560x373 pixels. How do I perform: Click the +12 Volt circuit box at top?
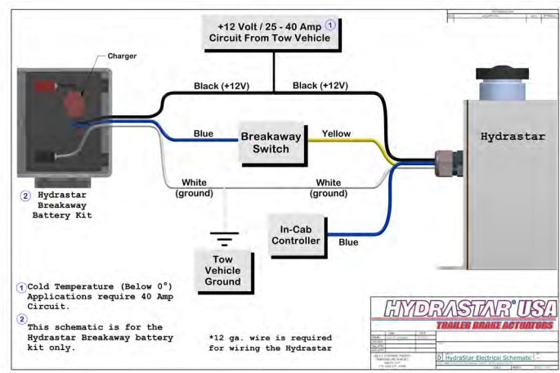click(271, 31)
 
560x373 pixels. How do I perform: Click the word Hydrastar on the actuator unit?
click(508, 136)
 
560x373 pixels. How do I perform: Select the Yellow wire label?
click(337, 133)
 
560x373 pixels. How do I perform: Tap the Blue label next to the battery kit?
click(203, 133)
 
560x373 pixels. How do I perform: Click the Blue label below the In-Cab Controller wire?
click(347, 243)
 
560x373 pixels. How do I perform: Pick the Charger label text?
click(121, 56)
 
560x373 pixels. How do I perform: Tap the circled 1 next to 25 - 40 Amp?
click(330, 25)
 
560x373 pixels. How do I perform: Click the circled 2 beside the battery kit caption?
click(25, 196)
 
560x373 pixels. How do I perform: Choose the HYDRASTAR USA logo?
click(462, 310)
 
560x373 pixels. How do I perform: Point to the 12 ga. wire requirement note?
click(270, 343)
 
